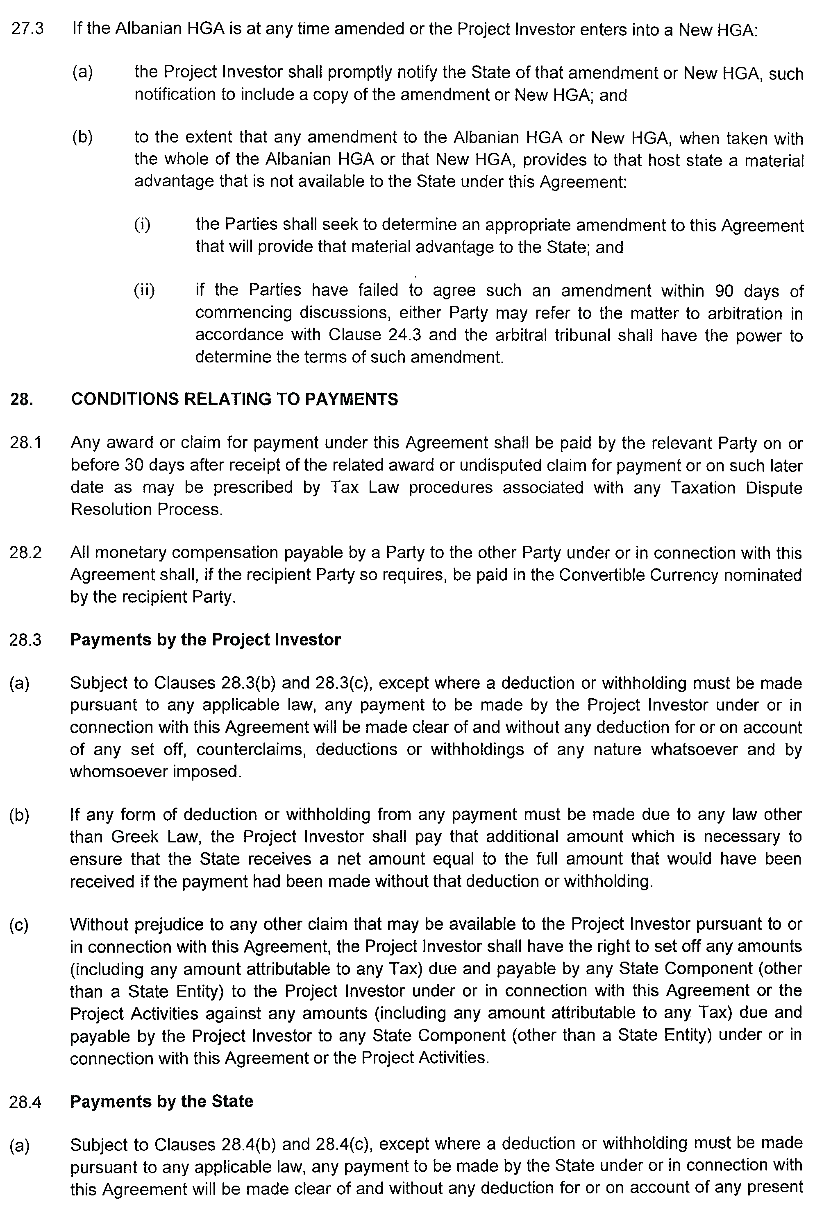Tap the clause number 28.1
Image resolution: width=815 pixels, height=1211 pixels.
pos(25,443)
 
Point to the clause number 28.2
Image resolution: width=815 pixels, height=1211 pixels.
pos(25,553)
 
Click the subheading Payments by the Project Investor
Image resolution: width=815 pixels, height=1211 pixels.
pos(205,640)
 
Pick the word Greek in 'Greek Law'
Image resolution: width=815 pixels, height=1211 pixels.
pos(132,837)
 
